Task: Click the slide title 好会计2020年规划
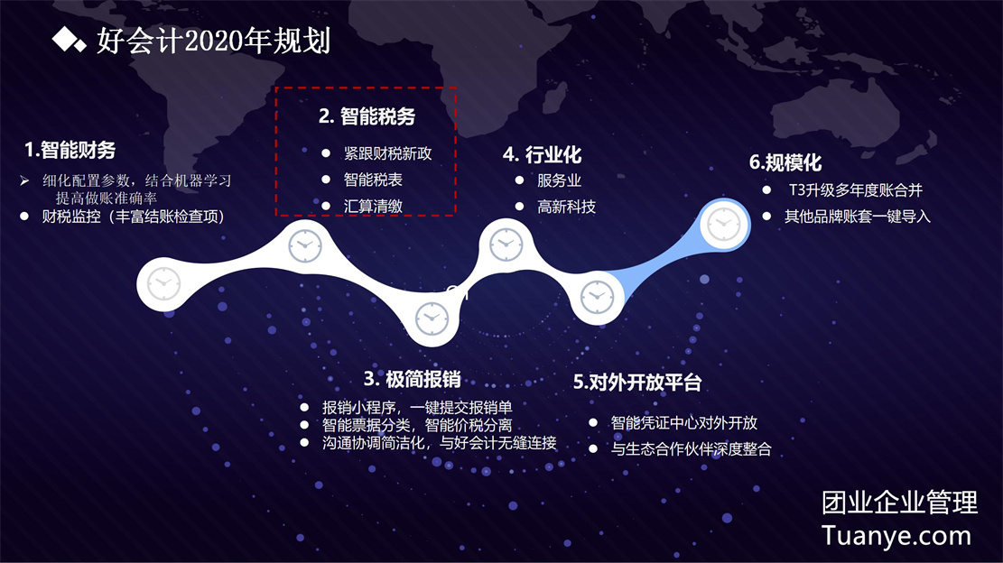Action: [214, 41]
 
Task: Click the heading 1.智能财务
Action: [70, 150]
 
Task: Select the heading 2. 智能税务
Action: [367, 116]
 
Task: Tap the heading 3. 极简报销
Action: [413, 379]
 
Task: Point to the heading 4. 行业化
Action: [542, 154]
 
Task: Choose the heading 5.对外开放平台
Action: [637, 383]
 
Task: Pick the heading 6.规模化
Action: [785, 162]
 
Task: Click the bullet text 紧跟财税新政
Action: [387, 153]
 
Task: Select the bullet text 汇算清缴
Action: [373, 206]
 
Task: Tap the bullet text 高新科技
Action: [566, 207]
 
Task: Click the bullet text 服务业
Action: [559, 180]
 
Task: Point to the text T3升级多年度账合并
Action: [855, 189]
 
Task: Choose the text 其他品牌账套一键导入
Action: [857, 217]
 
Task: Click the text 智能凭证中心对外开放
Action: [683, 422]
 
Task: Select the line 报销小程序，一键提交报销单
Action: [417, 407]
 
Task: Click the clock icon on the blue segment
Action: [723, 225]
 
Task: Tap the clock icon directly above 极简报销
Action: [432, 318]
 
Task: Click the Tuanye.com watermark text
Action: [896, 536]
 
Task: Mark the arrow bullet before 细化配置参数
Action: [24, 180]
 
